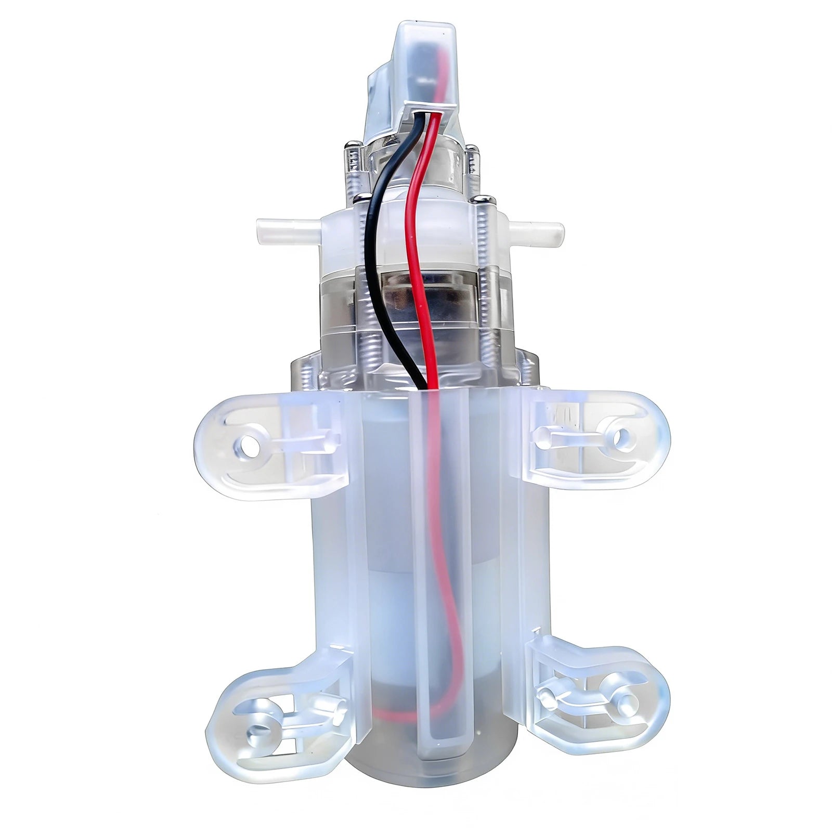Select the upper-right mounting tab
pyautogui.click(x=593, y=437)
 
